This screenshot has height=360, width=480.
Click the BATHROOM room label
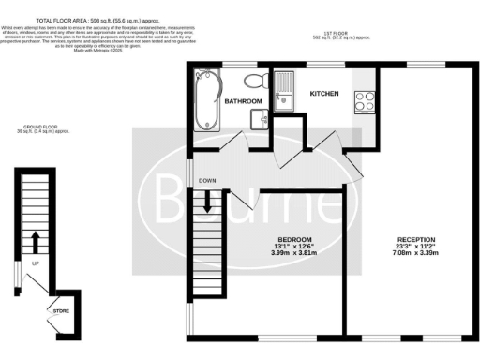tap(242, 100)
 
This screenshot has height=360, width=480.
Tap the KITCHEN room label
tap(324, 93)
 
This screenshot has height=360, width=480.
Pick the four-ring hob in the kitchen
tap(363, 100)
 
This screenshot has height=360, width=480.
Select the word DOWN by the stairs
tap(208, 181)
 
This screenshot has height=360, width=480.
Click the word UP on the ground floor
tap(36, 263)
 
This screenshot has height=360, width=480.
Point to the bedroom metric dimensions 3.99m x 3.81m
tap(287, 255)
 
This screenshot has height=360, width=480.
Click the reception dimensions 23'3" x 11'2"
tap(413, 247)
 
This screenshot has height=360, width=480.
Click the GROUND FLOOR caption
tap(38, 127)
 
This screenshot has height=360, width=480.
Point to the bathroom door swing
tap(229, 141)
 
